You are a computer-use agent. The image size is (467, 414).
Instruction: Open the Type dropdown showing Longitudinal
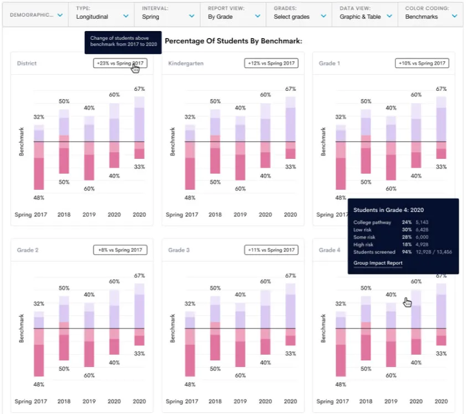(101, 13)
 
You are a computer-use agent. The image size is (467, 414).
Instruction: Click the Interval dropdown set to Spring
(167, 13)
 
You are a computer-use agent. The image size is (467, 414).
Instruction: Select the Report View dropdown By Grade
(233, 13)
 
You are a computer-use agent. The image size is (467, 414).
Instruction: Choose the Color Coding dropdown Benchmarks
(430, 13)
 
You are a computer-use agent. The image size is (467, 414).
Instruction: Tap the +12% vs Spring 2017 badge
(271, 63)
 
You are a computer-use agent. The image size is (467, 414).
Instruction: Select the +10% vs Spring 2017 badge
(422, 63)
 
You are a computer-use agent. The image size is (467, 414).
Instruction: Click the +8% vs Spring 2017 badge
(120, 250)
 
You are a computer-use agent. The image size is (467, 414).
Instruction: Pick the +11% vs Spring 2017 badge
(271, 250)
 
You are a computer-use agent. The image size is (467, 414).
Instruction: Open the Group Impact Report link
(378, 263)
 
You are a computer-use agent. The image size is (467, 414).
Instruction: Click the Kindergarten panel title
(186, 64)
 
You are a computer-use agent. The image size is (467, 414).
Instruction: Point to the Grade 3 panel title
(179, 250)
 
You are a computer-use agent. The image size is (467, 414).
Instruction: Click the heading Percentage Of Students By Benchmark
(233, 41)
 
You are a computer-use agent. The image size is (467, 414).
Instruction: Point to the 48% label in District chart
(38, 198)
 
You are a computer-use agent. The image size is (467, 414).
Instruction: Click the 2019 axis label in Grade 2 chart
(89, 401)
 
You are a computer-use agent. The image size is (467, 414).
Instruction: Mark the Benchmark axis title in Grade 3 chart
(173, 328)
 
